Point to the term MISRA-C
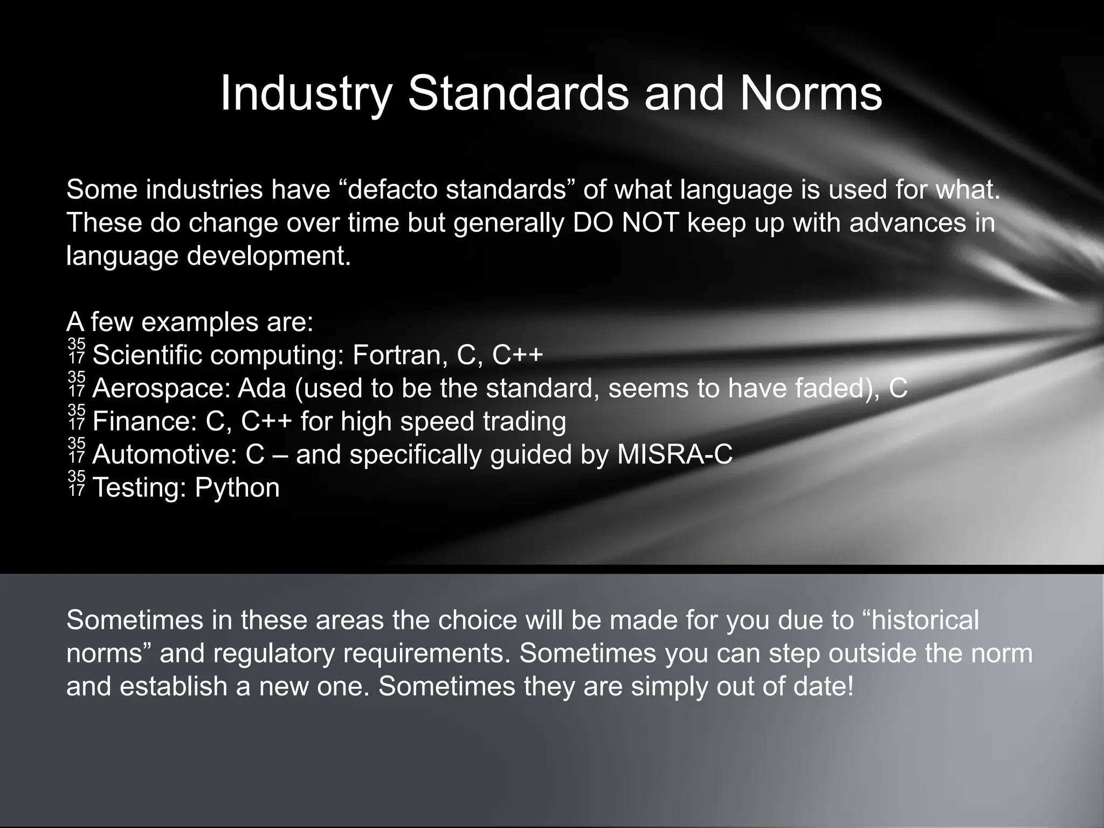click(x=675, y=454)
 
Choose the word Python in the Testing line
click(x=237, y=488)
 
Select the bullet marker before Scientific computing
click(x=77, y=351)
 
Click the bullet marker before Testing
click(x=77, y=484)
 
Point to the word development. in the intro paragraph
click(x=269, y=256)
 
